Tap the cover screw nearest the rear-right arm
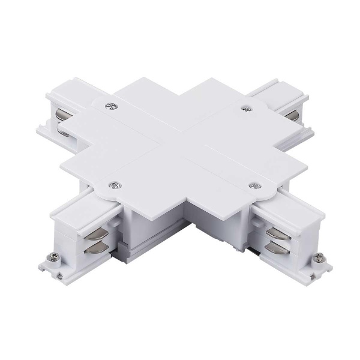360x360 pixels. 245,109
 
